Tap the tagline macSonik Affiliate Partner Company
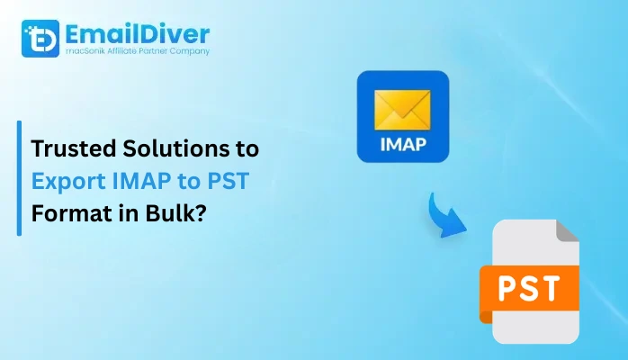point(135,52)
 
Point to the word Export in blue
point(65,179)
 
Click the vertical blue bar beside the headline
point(19,179)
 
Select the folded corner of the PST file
point(567,233)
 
